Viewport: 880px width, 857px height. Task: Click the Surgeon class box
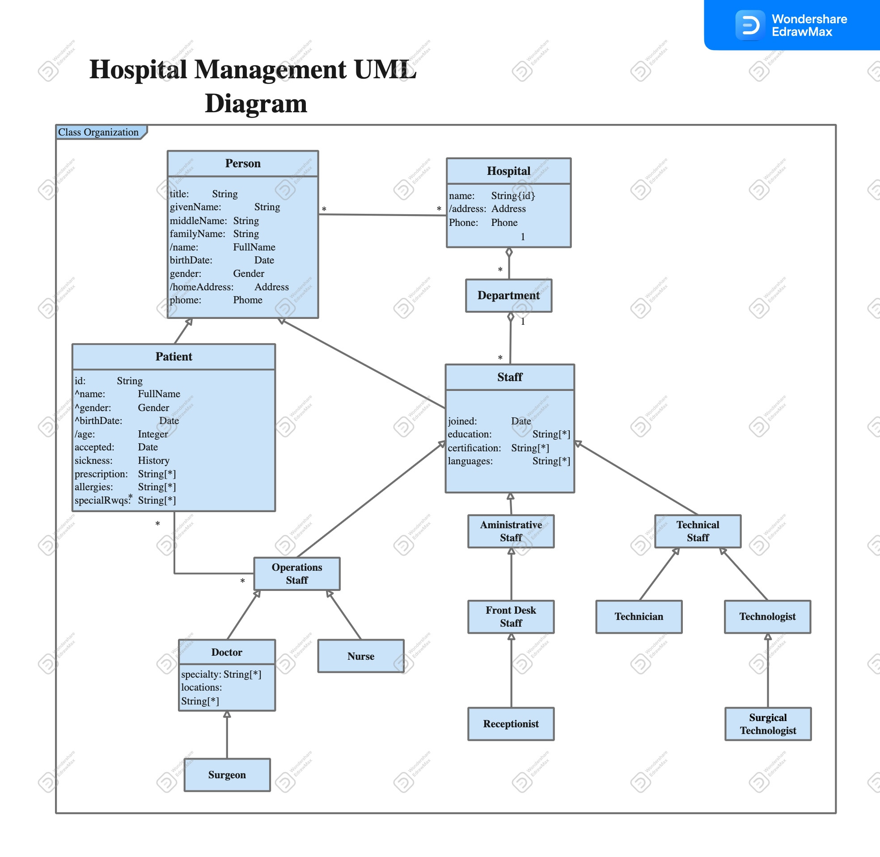click(227, 775)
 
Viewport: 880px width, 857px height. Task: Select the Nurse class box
click(360, 656)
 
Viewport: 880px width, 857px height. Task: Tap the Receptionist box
click(511, 723)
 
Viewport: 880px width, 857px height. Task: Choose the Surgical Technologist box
click(767, 723)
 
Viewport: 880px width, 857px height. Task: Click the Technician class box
click(639, 616)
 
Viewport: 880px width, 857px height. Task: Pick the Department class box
click(508, 295)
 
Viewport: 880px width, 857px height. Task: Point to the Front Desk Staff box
click(511, 616)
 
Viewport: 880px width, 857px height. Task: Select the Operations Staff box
click(296, 573)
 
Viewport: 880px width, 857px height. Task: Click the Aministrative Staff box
click(511, 531)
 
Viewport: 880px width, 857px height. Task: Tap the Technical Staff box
click(698, 531)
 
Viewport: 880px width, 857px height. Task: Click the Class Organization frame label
click(98, 132)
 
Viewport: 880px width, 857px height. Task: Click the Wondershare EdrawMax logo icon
click(749, 25)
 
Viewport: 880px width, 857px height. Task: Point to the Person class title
click(242, 163)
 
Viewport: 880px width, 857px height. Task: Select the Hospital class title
click(508, 171)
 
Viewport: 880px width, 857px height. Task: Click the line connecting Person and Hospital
click(382, 215)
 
